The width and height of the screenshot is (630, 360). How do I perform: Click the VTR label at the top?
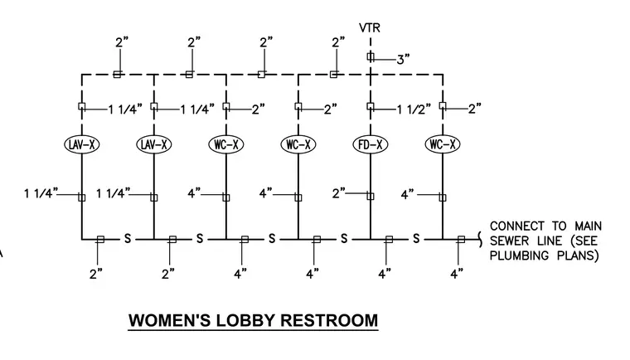(x=370, y=27)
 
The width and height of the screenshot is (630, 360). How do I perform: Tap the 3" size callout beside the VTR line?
(x=403, y=60)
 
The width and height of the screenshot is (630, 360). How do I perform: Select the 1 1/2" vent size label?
(x=414, y=109)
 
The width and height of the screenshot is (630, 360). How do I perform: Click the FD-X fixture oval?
(x=371, y=144)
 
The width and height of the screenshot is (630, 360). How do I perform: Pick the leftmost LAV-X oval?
(x=81, y=144)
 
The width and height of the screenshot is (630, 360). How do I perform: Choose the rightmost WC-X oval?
(x=443, y=144)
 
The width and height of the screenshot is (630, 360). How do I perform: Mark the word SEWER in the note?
(x=507, y=241)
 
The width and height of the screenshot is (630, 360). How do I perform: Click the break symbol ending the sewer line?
(x=480, y=240)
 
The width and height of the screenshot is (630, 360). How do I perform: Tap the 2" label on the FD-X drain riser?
(x=339, y=193)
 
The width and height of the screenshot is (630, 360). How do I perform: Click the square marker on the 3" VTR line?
(x=371, y=56)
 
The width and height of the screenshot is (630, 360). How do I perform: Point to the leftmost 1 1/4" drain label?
(x=41, y=193)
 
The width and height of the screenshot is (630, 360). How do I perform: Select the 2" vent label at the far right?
(x=475, y=109)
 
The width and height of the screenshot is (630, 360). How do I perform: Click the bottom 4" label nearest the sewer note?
(x=457, y=275)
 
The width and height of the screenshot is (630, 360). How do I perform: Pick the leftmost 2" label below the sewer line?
(x=96, y=275)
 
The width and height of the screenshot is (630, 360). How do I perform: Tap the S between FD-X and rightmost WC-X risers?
(x=416, y=239)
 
